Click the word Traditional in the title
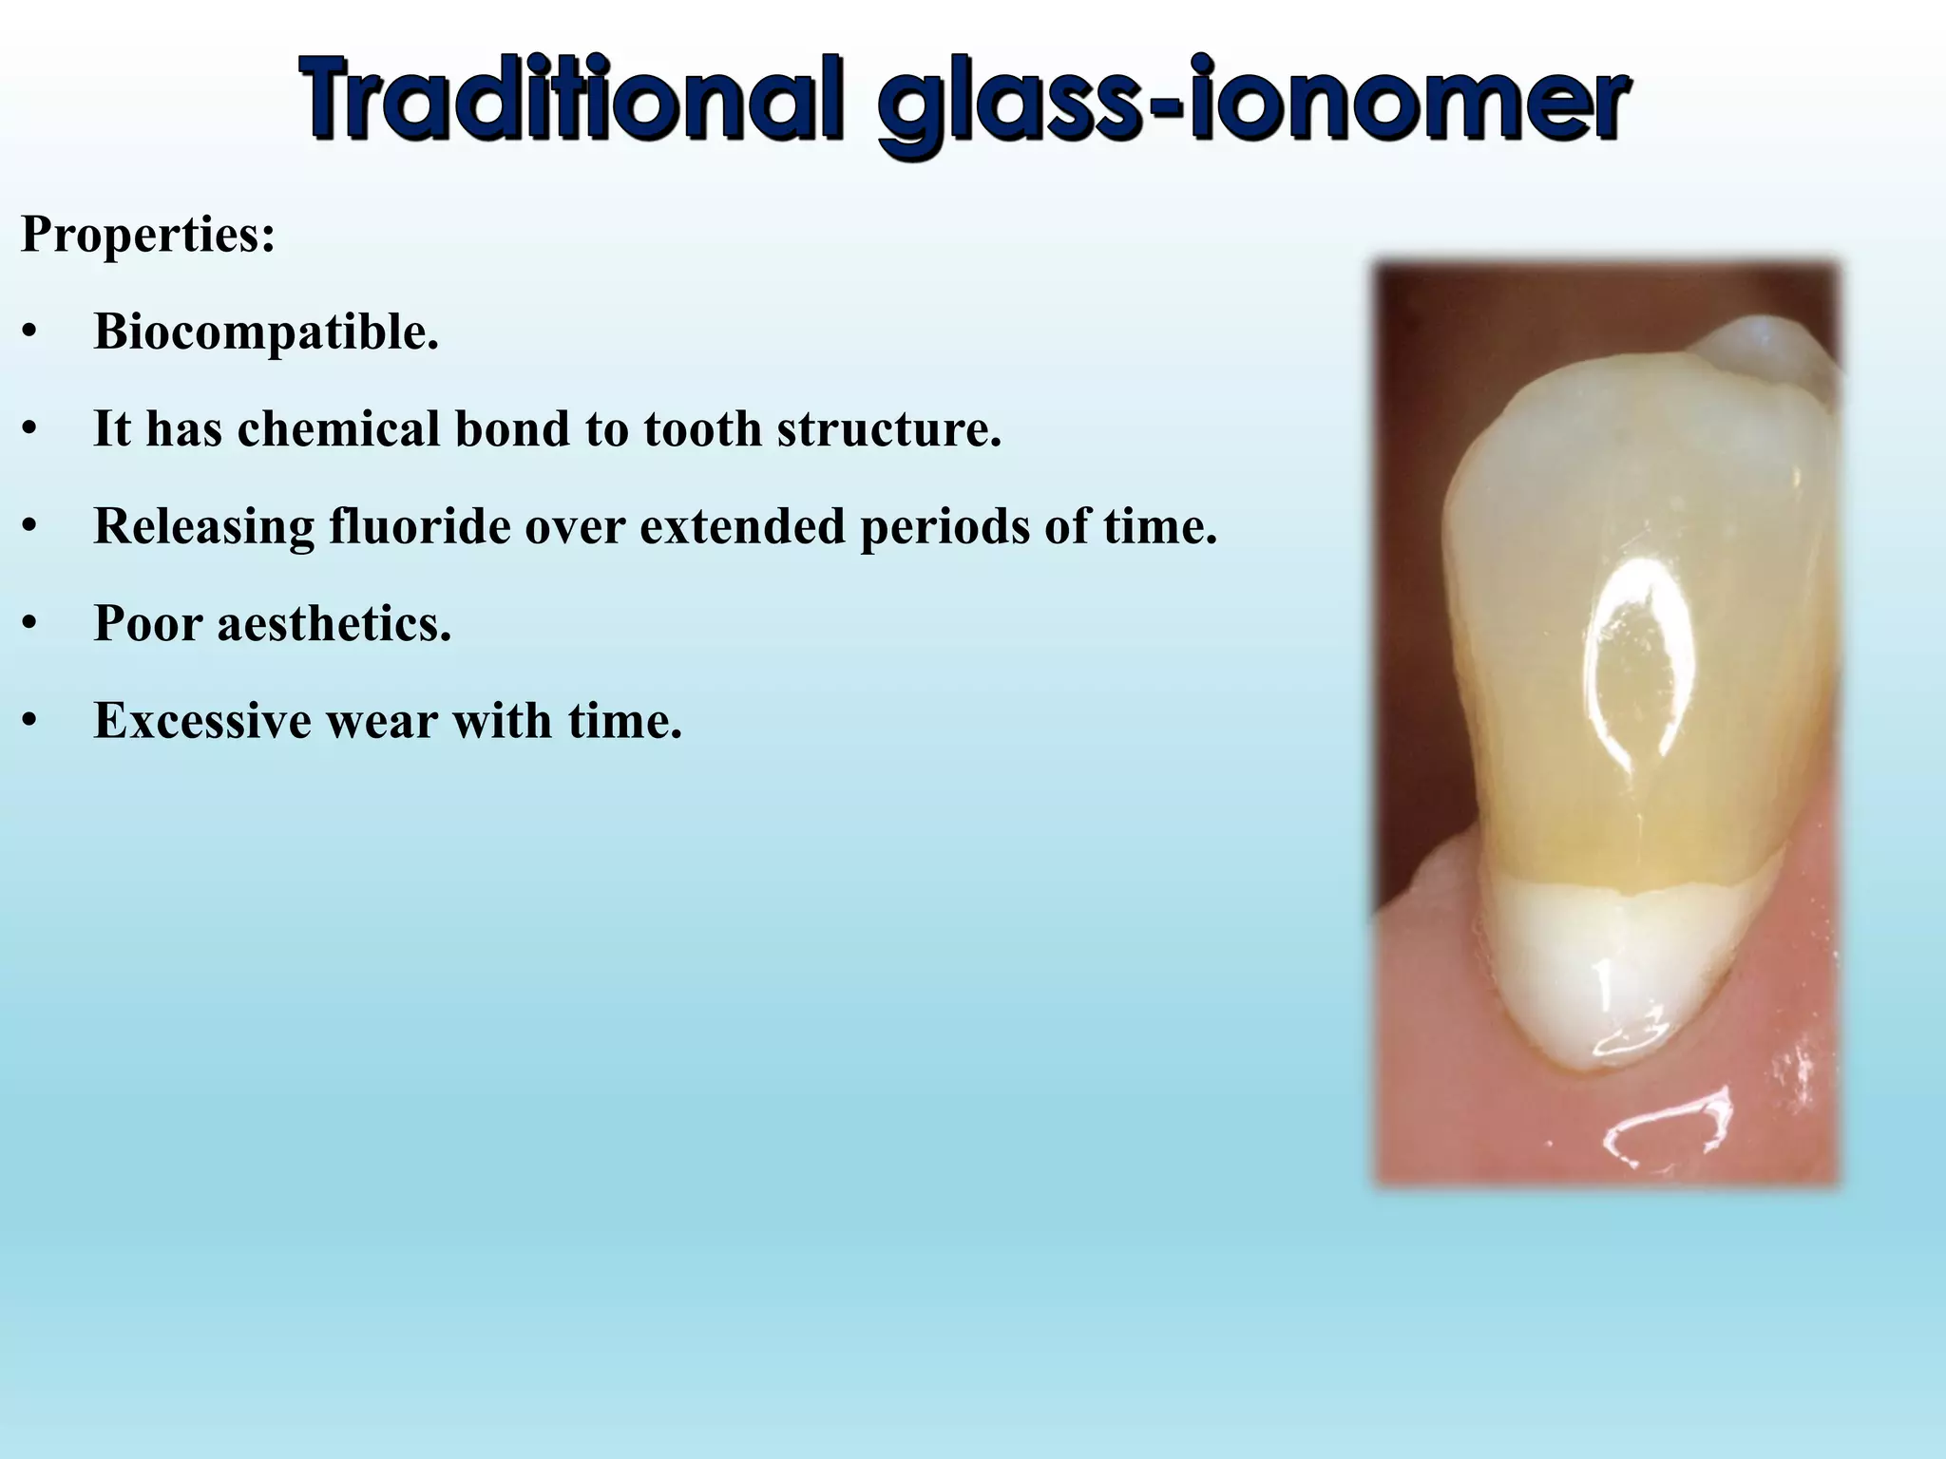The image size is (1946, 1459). pyautogui.click(x=570, y=99)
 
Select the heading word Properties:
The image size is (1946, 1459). pyautogui.click(x=147, y=234)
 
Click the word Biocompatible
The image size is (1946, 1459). pyautogui.click(x=266, y=332)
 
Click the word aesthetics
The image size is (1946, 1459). pyautogui.click(x=334, y=624)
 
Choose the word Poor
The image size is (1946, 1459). pyautogui.click(x=148, y=624)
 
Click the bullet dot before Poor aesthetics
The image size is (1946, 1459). pyautogui.click(x=29, y=626)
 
